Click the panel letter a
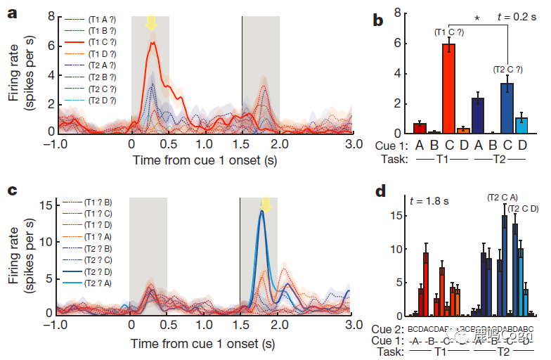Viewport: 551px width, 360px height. (x=13, y=12)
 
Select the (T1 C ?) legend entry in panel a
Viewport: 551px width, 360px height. (x=103, y=43)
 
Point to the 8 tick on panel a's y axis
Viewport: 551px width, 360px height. (x=51, y=13)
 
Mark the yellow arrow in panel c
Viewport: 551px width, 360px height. (x=266, y=204)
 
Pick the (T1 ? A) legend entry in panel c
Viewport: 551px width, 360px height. (x=103, y=237)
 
